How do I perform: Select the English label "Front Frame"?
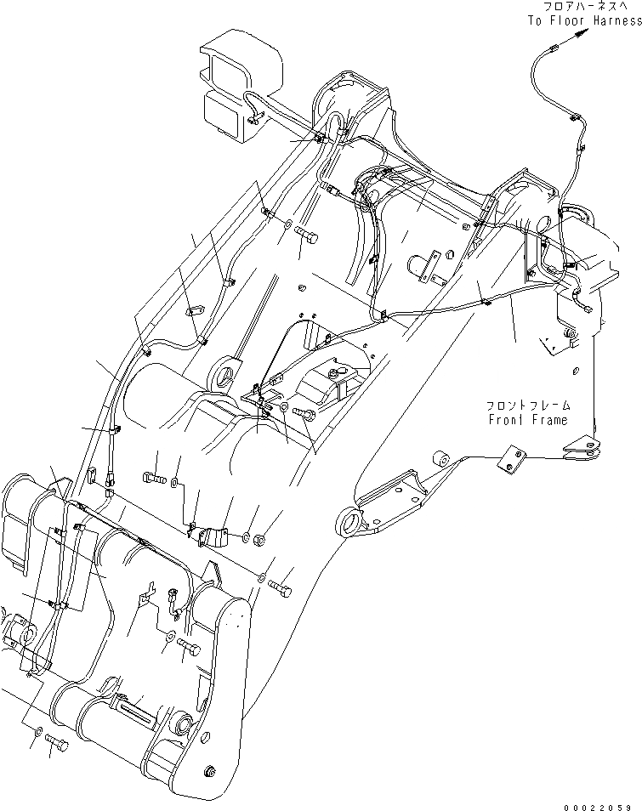[528, 419]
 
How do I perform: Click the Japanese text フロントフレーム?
[528, 406]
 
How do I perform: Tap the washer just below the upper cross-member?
[288, 225]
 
